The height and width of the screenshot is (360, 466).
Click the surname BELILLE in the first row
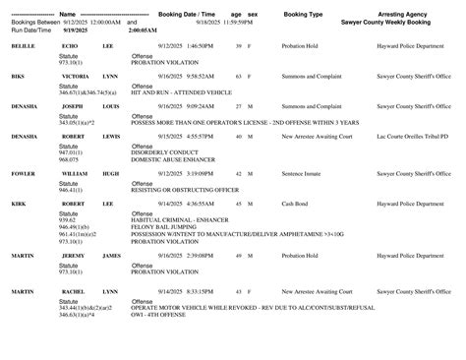pos(24,46)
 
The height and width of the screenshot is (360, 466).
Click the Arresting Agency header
pos(403,14)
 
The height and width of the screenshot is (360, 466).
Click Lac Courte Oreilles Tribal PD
pos(405,136)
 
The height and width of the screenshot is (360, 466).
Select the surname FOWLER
pos(25,173)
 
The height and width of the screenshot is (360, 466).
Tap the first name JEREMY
pos(74,255)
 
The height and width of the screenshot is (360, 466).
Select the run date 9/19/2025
pos(77,30)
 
